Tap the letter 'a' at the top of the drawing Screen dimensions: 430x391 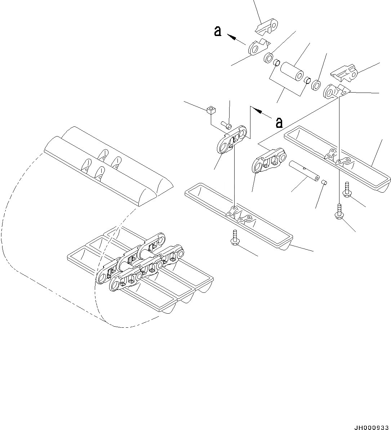(217, 31)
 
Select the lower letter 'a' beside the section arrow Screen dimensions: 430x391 (279, 123)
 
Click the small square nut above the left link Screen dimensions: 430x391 (211, 109)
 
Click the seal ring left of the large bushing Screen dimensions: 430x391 (268, 57)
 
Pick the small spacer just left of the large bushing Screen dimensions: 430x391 (277, 64)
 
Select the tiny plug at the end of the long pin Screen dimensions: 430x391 (324, 183)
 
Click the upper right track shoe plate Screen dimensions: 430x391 (337, 158)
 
